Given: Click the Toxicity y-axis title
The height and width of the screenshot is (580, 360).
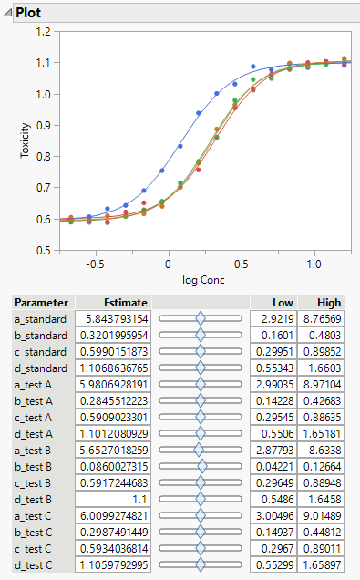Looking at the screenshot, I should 26,141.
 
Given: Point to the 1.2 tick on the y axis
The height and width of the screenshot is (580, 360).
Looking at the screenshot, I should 42,32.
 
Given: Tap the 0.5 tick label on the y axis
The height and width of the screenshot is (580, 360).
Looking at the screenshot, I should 42,250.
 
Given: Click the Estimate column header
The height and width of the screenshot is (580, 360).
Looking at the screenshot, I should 113,302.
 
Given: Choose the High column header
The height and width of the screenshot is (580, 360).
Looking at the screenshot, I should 327,302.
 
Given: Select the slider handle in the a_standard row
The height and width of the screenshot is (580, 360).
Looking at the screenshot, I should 201,319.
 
